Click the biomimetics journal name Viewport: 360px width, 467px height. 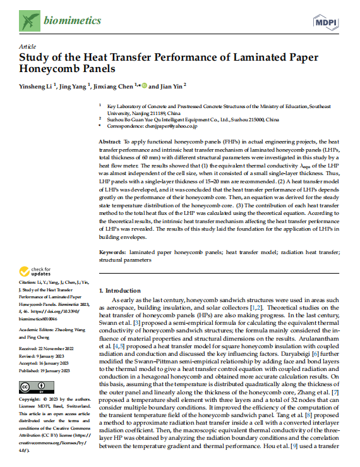click(72, 22)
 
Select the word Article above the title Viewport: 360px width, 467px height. click(27, 47)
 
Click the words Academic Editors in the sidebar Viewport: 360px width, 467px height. click(35, 329)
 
